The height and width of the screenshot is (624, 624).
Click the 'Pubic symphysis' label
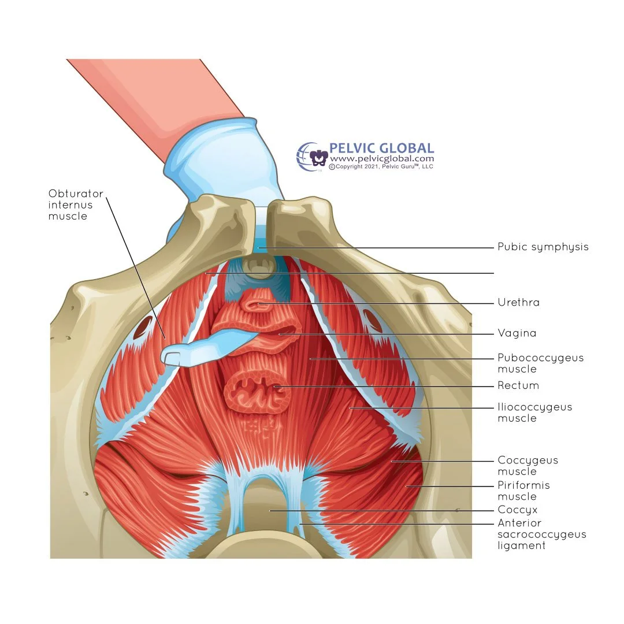[x=543, y=247]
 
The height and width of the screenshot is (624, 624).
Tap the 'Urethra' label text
[x=518, y=302]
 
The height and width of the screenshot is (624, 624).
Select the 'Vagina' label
[x=517, y=333]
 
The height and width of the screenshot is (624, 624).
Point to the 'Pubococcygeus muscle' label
[x=541, y=363]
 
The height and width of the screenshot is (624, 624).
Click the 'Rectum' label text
[x=518, y=385]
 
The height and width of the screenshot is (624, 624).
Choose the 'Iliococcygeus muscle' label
[x=535, y=413]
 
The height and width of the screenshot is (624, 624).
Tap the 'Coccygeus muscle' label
[x=528, y=466]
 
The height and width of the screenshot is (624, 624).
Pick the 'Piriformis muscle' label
[x=524, y=491]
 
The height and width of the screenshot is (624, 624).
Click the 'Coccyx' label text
[x=518, y=510]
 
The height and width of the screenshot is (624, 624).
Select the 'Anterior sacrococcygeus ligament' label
[x=542, y=534]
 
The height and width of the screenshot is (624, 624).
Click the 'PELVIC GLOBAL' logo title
[x=381, y=149]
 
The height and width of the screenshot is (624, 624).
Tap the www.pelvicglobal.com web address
[x=381, y=159]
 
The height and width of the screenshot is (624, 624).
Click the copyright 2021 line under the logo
[x=381, y=166]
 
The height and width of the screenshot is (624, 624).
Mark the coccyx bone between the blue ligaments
[x=269, y=508]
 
